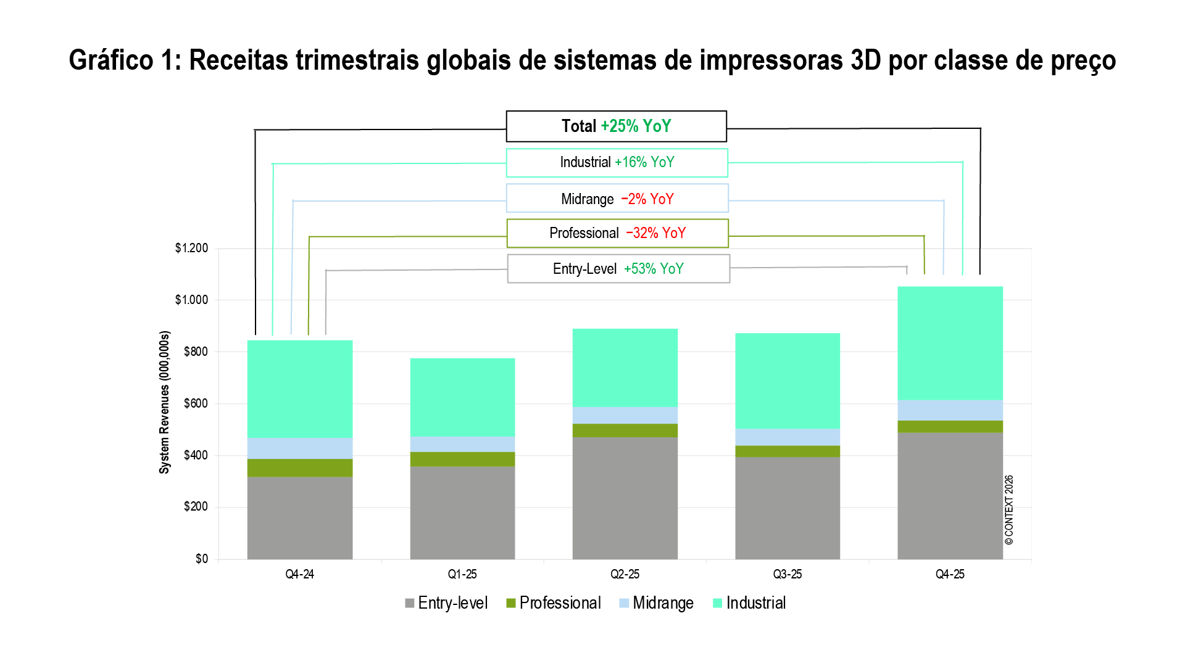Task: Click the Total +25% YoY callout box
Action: [616, 126]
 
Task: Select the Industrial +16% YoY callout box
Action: [617, 163]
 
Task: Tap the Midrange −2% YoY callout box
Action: [617, 199]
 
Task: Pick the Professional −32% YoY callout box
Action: [617, 233]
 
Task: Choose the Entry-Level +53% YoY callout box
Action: [618, 269]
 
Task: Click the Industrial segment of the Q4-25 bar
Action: [950, 343]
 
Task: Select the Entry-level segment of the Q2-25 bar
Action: [625, 498]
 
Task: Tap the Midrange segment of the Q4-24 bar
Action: [300, 448]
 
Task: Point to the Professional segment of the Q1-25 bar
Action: [462, 459]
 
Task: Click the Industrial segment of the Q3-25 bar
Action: [788, 380]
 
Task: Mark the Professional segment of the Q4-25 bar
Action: [950, 426]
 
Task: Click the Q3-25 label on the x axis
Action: [788, 574]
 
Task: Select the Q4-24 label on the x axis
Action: [300, 574]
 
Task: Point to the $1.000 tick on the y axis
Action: [192, 300]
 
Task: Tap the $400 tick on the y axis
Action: [196, 455]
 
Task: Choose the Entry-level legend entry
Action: [446, 603]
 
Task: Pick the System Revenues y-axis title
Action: [164, 402]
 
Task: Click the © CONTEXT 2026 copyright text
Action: [1009, 509]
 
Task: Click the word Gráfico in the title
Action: [110, 60]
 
